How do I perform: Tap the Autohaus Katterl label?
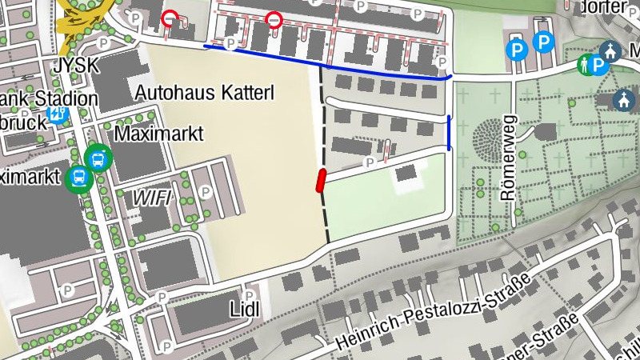204,93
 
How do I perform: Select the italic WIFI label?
152,197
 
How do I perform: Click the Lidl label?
246,309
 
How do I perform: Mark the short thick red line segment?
321,182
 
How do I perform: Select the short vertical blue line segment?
449,133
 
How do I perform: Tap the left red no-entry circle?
170,18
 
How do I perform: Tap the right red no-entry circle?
274,19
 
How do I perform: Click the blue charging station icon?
58,114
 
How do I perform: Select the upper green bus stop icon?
98,157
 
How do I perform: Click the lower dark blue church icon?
624,100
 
